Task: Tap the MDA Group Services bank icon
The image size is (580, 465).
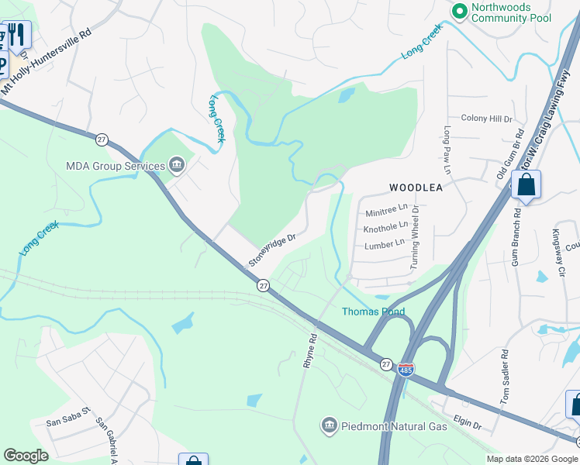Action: [x=177, y=164]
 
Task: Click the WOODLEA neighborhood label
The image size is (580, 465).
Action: [x=416, y=188]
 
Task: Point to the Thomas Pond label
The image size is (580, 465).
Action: [x=374, y=312]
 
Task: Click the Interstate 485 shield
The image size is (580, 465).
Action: [x=406, y=370]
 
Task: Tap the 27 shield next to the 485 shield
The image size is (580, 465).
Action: [x=386, y=363]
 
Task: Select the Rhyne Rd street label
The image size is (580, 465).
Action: [x=312, y=350]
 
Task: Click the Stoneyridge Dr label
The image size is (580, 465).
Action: [x=273, y=250]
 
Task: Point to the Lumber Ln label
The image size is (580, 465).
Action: [x=385, y=244]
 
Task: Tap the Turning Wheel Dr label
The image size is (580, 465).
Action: [x=416, y=237]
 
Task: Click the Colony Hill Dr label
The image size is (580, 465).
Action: [x=486, y=119]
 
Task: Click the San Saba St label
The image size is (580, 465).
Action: [x=68, y=422]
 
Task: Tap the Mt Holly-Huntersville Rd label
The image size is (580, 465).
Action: [x=46, y=64]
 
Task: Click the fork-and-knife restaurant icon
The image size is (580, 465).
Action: [x=17, y=34]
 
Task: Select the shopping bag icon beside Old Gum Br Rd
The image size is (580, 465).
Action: [x=526, y=185]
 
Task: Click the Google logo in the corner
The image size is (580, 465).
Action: [x=26, y=456]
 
